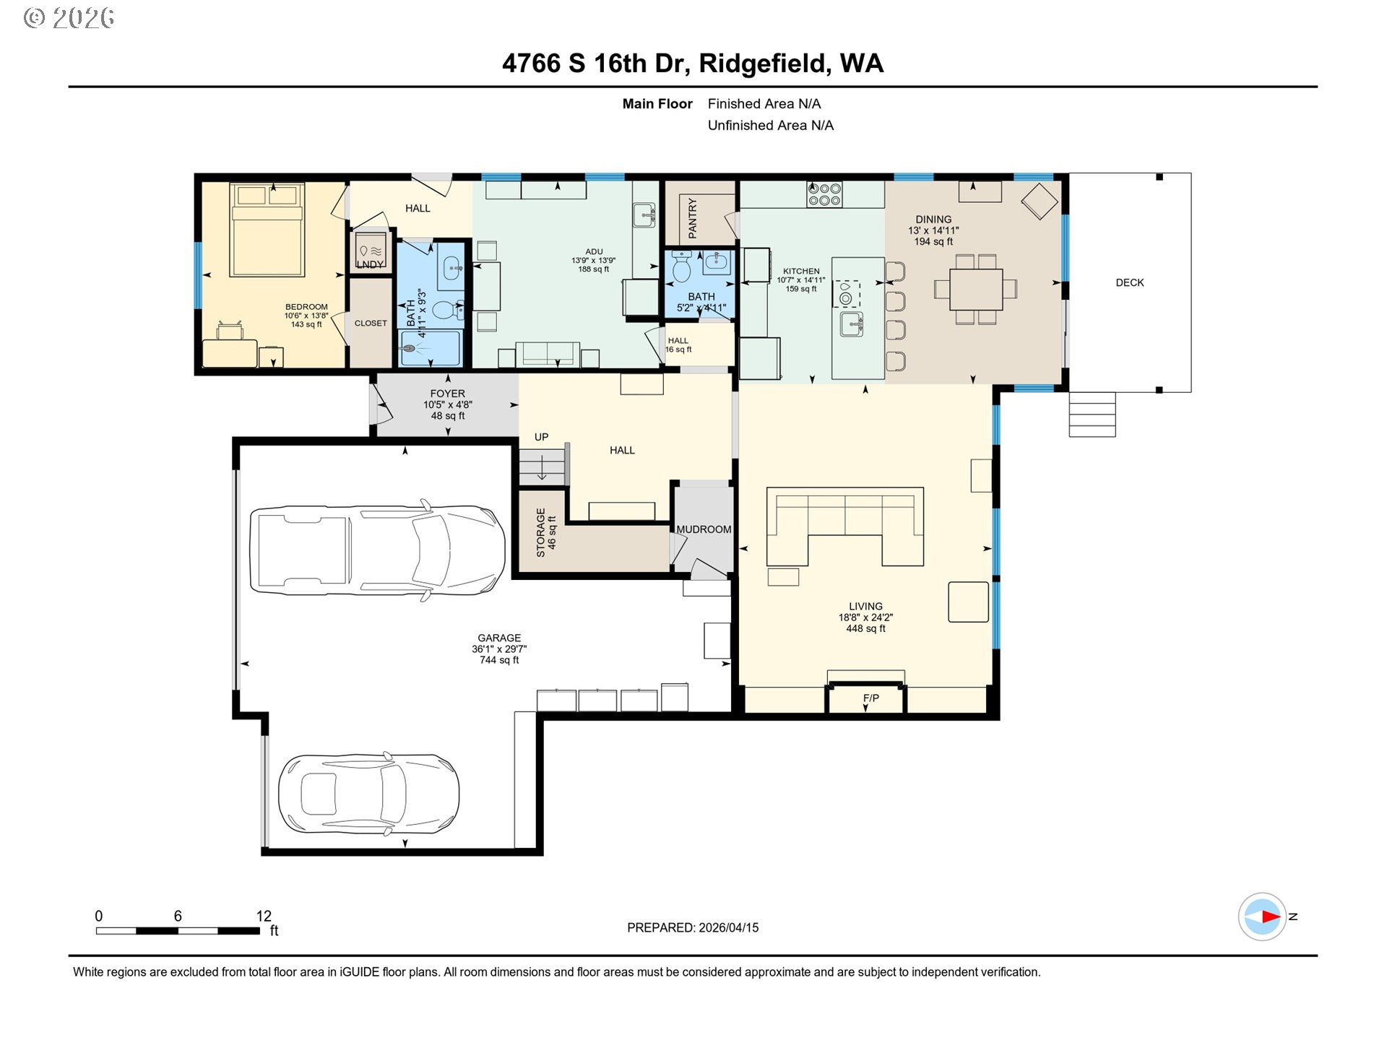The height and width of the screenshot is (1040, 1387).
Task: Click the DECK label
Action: pos(1130,282)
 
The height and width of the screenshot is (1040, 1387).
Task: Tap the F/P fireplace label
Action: pos(870,698)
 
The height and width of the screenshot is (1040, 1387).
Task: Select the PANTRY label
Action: pos(693,218)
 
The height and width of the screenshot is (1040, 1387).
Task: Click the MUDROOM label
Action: pos(704,529)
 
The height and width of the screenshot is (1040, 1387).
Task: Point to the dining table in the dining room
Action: pos(976,289)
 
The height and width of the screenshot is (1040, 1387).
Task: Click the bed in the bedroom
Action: pos(267,230)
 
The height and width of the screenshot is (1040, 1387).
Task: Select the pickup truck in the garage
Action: pos(377,550)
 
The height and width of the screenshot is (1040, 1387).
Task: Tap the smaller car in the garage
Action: pos(368,794)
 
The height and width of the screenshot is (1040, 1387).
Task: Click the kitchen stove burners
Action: pos(824,194)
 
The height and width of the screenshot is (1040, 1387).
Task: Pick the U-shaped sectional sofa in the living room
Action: pos(845,526)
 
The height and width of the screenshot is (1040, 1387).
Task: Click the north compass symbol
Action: pos(1262,916)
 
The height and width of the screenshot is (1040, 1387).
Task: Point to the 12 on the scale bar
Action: pos(264,916)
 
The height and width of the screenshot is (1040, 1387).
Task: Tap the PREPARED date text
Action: pos(693,927)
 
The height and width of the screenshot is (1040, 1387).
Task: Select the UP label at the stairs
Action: pos(541,437)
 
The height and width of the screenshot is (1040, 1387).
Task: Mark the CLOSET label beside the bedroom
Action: pos(371,323)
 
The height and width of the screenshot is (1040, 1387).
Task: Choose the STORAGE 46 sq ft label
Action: pos(545,532)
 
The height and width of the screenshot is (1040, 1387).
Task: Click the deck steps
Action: pos(1092,415)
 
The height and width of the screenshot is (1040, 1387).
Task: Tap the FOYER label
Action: pos(448,394)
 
